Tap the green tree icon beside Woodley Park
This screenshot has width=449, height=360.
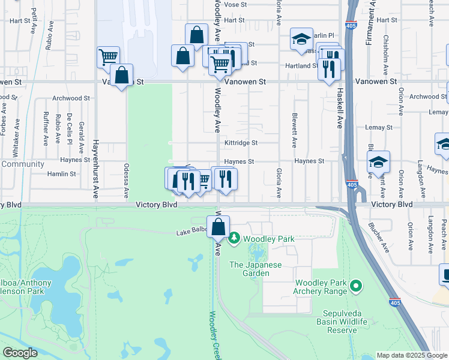[235, 239]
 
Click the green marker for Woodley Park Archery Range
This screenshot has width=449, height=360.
[355, 286]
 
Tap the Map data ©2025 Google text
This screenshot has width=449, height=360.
[411, 355]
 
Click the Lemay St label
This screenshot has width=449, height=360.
[379, 127]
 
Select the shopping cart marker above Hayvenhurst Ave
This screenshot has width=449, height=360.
[108, 58]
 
